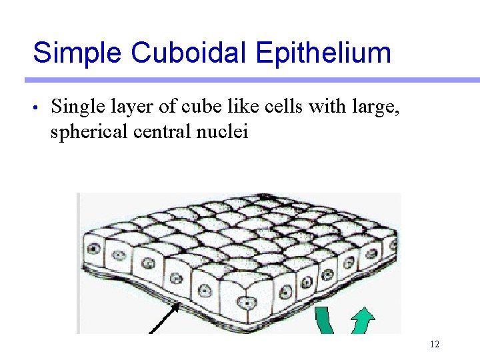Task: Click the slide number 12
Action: click(435, 344)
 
